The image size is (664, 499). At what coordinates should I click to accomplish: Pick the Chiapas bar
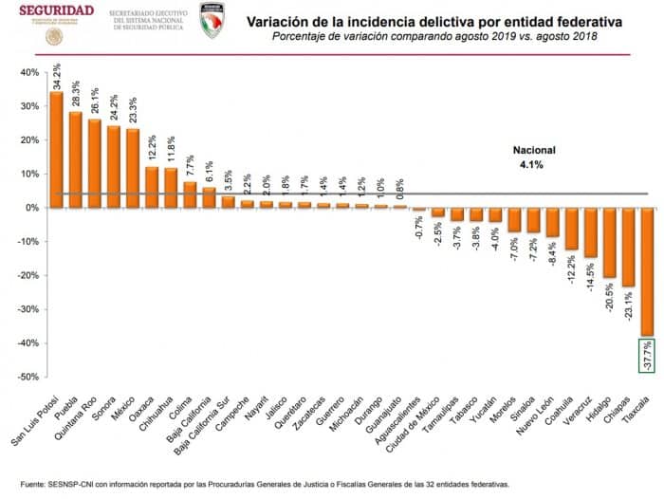(x=628, y=247)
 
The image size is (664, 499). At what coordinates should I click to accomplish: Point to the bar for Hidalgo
(x=609, y=242)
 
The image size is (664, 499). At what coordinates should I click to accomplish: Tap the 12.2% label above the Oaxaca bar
(x=152, y=148)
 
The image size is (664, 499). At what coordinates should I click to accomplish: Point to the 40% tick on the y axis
(x=28, y=72)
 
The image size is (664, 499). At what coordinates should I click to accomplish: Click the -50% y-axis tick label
(x=26, y=377)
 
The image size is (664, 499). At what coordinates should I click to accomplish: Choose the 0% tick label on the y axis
(x=30, y=208)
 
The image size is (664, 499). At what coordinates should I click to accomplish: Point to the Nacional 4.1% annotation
(x=534, y=157)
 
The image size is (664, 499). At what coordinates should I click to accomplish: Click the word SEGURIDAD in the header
(x=56, y=10)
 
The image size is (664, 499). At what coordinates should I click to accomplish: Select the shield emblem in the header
(x=212, y=20)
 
